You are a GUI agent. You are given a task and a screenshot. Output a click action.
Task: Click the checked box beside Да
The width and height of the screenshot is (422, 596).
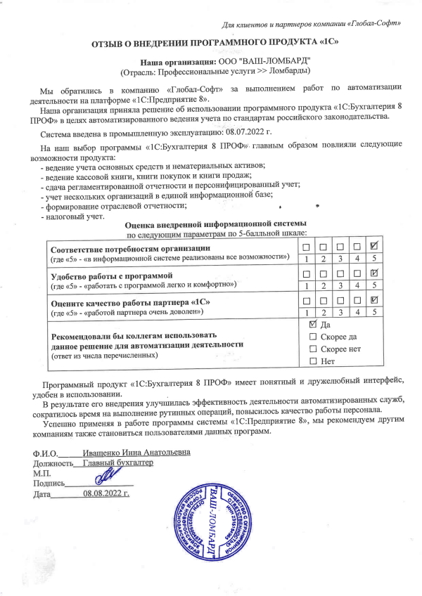click(x=314, y=325)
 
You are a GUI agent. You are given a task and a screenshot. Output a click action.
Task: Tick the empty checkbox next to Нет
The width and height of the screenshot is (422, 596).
click(x=314, y=361)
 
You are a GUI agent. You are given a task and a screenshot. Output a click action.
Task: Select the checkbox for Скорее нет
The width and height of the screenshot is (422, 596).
click(x=314, y=349)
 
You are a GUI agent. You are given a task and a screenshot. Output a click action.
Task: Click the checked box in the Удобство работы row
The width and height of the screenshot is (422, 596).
click(x=374, y=273)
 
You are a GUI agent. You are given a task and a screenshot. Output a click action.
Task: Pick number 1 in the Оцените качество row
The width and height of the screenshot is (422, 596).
click(x=304, y=311)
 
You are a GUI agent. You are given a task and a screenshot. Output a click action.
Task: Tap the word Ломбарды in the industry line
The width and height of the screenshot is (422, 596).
click(x=290, y=72)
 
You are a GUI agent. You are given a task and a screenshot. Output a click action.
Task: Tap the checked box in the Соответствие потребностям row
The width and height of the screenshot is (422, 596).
click(x=374, y=246)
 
